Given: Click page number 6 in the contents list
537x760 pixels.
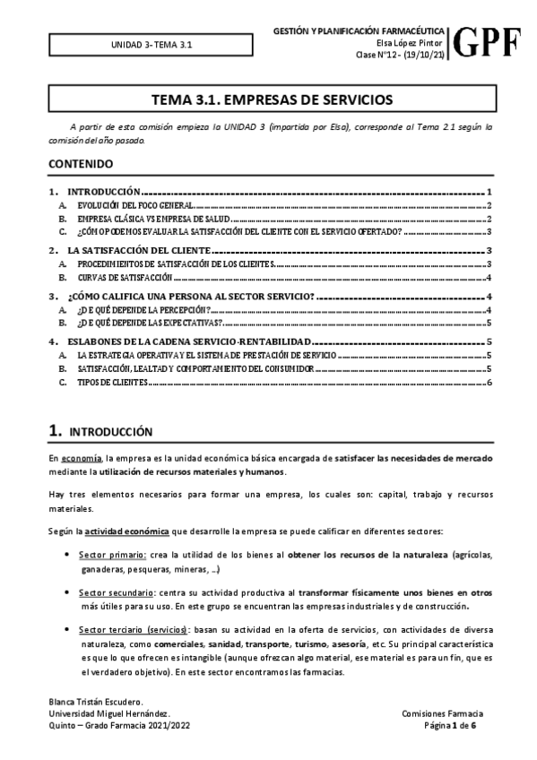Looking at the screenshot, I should (x=489, y=383).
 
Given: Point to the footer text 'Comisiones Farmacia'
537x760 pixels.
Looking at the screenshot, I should (x=444, y=712).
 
